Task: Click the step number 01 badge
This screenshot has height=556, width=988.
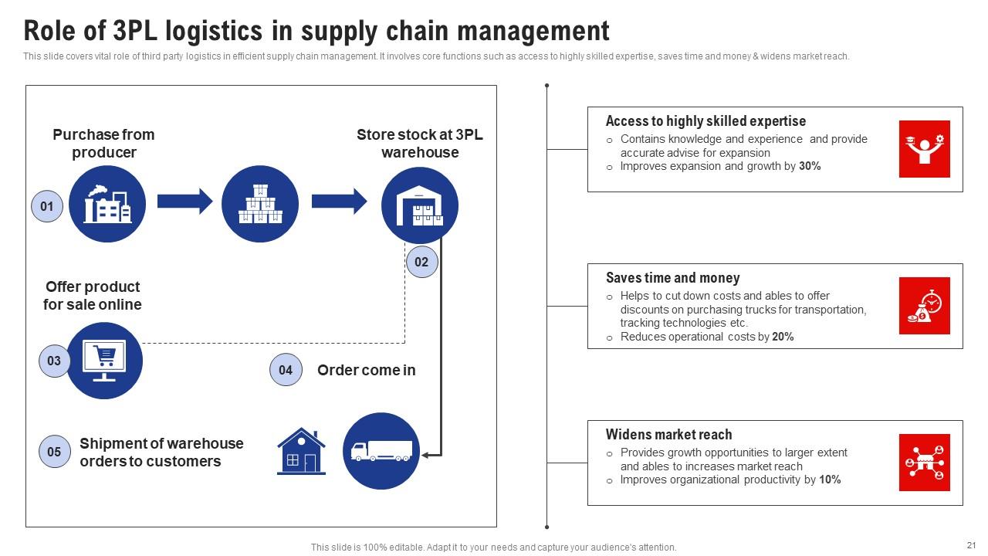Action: [47, 206]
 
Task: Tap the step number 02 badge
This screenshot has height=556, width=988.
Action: [421, 262]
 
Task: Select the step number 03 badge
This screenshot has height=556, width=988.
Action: [54, 361]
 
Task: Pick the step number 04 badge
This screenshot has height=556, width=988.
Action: [286, 370]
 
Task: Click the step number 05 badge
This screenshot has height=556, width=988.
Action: [54, 452]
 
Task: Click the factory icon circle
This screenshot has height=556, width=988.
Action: [107, 204]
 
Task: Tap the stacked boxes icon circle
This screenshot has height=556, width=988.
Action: [260, 204]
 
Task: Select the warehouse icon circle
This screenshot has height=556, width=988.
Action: [420, 204]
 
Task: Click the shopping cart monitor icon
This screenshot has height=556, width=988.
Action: [104, 361]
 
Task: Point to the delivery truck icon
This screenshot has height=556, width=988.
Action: [381, 451]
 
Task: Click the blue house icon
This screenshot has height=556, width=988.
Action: [301, 451]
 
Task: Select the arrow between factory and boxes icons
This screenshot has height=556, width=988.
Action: [184, 202]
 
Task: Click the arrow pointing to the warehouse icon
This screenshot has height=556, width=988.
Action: [339, 202]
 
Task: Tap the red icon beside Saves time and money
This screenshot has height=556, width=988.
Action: [924, 306]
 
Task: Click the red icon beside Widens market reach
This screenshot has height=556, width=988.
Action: [924, 463]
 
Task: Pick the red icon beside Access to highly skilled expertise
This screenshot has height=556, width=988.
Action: [924, 149]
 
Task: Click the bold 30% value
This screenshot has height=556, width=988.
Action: [810, 166]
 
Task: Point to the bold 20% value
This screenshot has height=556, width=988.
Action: [783, 337]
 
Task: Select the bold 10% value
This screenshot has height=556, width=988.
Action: [830, 480]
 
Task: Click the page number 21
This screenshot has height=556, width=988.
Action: [971, 544]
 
